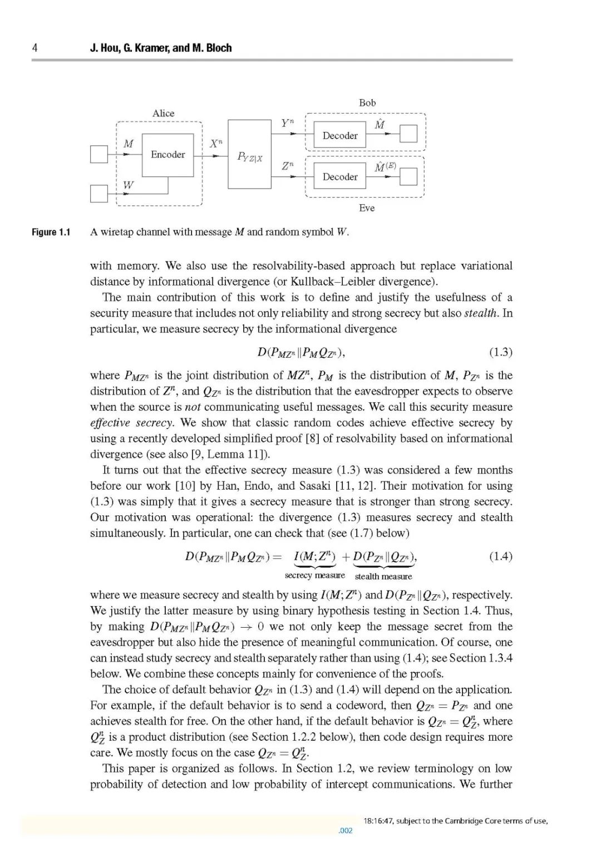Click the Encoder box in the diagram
(168, 155)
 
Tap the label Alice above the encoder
(163, 114)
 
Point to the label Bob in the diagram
(367, 103)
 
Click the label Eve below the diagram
(367, 208)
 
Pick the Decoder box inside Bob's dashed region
(340, 135)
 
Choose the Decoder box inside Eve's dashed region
(340, 177)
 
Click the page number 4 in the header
(35, 48)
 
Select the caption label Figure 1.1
(51, 232)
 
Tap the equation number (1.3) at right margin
(500, 352)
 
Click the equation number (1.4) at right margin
(500, 556)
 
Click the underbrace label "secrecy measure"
(314, 575)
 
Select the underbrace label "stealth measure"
(383, 577)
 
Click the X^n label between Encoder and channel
(216, 144)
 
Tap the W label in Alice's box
(128, 185)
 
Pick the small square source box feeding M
(98, 154)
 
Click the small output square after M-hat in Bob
(408, 134)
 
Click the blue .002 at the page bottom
(346, 831)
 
